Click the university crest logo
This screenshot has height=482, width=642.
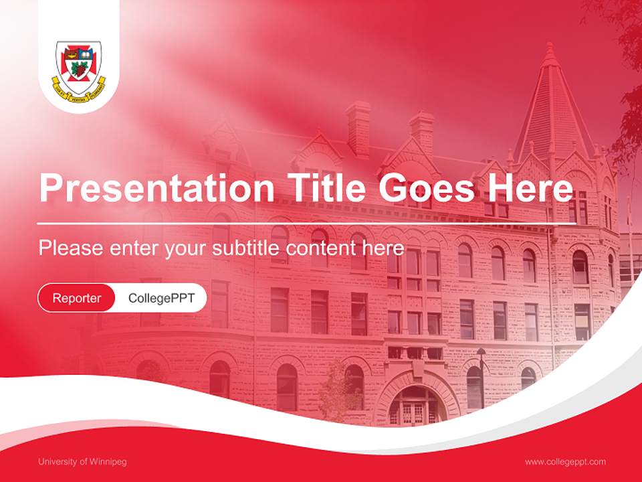coord(80,68)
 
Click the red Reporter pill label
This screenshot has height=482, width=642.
coord(77,298)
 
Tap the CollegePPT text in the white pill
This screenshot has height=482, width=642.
coord(161,298)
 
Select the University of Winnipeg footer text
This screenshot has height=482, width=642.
coord(82,462)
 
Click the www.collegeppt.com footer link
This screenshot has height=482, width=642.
coord(565,462)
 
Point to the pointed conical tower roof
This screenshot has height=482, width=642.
coord(551,107)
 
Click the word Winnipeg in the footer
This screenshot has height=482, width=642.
coord(108,462)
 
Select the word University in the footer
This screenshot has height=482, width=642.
coord(58,462)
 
